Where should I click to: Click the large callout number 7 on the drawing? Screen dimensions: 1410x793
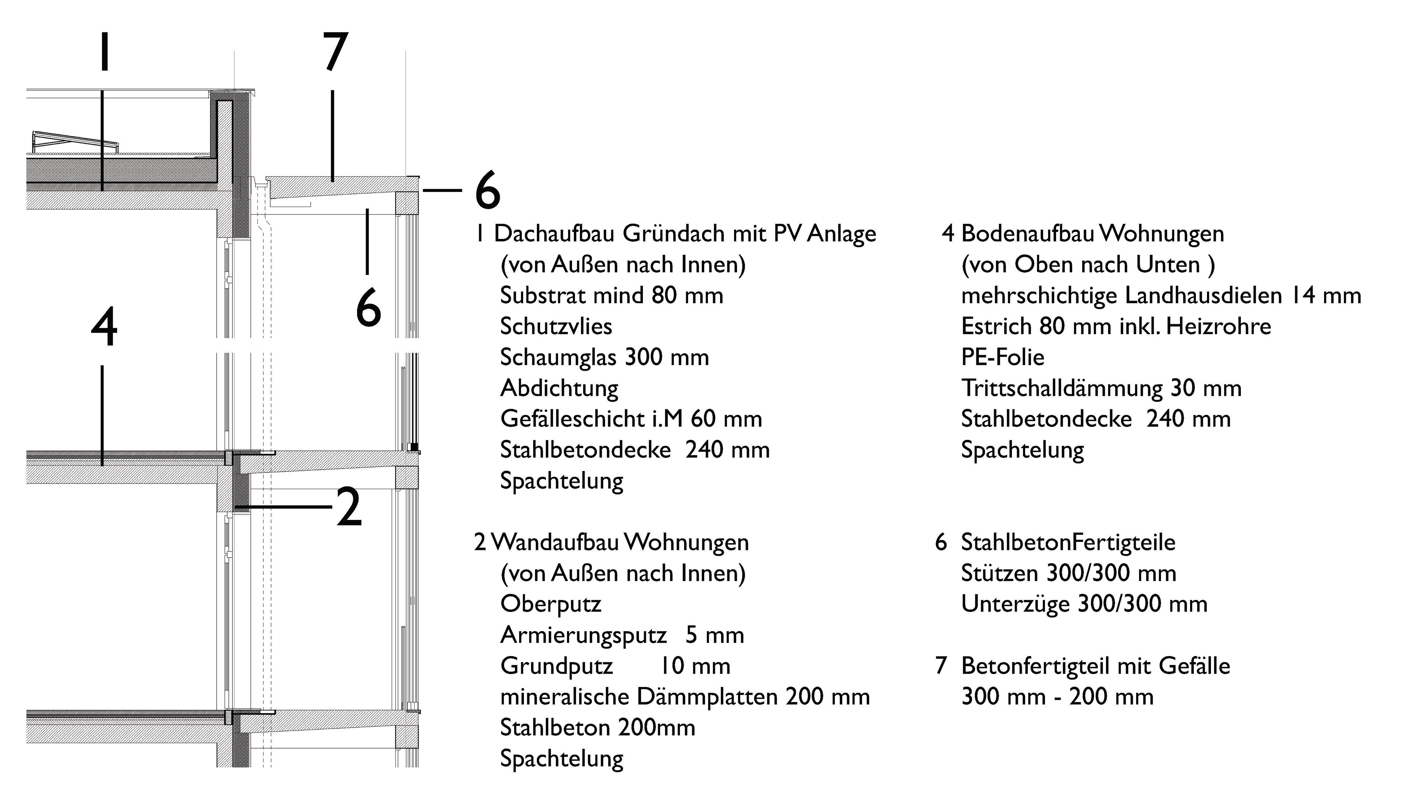point(335,52)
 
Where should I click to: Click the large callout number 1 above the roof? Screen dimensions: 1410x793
point(104,52)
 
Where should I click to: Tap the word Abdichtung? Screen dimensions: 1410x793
point(559,388)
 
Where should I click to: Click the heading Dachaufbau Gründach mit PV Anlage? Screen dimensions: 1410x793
point(684,234)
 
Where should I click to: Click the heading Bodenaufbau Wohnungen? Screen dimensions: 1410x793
point(1092,234)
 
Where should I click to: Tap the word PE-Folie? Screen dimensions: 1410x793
point(1002,357)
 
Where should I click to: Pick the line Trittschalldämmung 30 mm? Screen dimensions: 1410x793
point(1101,388)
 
